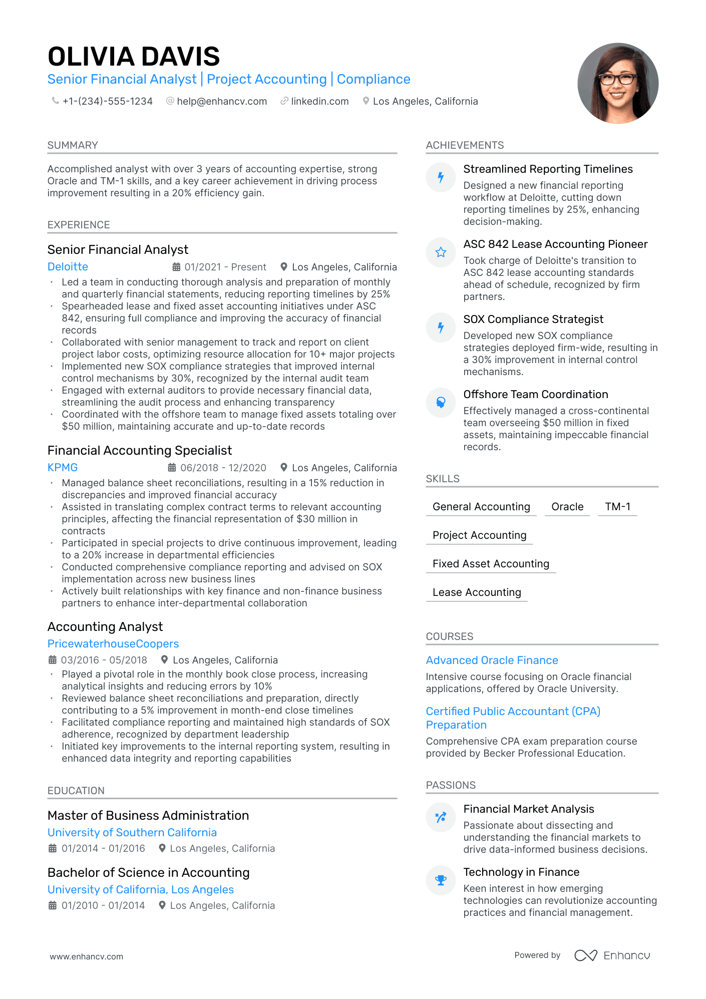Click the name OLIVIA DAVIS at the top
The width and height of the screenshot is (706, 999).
(134, 56)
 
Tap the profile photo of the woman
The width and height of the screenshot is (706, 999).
(617, 83)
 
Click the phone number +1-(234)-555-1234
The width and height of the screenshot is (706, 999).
(107, 101)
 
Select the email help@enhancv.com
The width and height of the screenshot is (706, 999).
(222, 101)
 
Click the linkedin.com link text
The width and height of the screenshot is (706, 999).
(319, 101)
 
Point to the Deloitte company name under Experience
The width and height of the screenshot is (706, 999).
(68, 267)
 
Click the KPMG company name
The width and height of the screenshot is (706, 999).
(63, 468)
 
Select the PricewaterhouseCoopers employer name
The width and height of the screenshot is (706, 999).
(113, 644)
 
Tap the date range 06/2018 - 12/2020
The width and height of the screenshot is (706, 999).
(223, 468)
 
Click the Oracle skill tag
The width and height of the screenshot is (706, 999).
(567, 507)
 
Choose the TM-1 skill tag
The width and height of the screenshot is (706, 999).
(617, 507)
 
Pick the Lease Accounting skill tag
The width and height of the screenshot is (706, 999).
(477, 592)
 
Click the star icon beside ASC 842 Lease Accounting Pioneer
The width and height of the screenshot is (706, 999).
(441, 252)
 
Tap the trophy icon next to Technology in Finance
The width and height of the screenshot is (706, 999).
(441, 880)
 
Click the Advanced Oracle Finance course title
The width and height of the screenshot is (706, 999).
(492, 660)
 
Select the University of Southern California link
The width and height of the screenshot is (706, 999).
(132, 833)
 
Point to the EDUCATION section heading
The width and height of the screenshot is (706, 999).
(76, 791)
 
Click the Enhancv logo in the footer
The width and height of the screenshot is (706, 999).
(612, 955)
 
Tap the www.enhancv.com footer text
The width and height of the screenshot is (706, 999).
(86, 956)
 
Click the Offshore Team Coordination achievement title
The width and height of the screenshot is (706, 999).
(535, 395)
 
